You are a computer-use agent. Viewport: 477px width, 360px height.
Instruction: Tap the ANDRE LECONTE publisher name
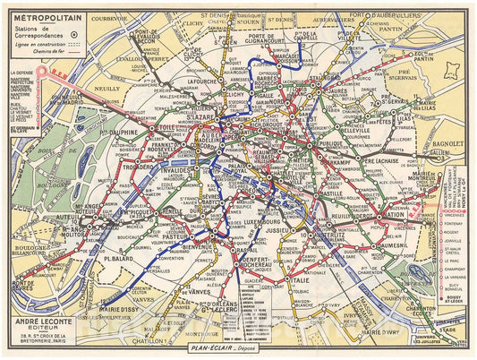click(x=43, y=315)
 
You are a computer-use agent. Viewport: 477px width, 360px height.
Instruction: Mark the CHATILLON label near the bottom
click(x=142, y=341)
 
